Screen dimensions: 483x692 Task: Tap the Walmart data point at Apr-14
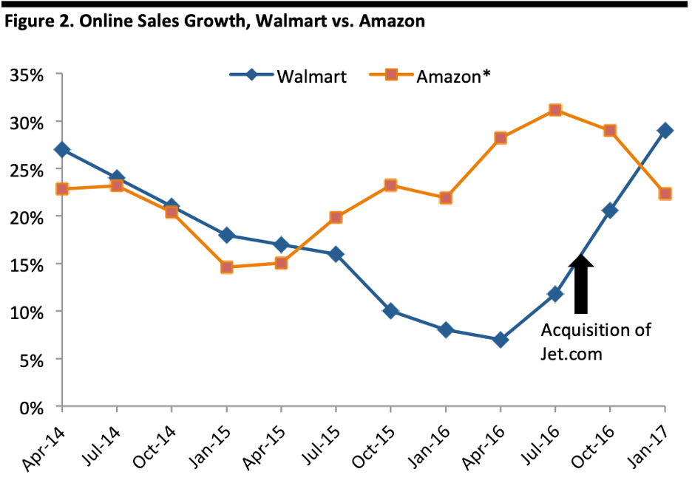63,150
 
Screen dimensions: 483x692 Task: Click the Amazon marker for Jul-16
555,110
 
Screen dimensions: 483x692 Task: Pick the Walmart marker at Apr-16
501,340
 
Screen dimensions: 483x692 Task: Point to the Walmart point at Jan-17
665,131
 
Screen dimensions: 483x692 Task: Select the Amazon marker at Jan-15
227,267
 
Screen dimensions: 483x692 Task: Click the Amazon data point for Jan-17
665,193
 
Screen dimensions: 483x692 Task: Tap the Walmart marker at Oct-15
391,311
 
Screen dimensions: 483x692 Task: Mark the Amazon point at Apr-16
501,138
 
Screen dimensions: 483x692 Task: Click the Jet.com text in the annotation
571,354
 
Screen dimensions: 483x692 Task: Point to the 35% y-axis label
28,75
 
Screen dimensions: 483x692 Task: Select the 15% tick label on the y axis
28,264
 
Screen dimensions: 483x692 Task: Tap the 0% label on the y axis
33,407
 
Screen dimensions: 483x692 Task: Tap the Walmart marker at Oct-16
610,210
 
